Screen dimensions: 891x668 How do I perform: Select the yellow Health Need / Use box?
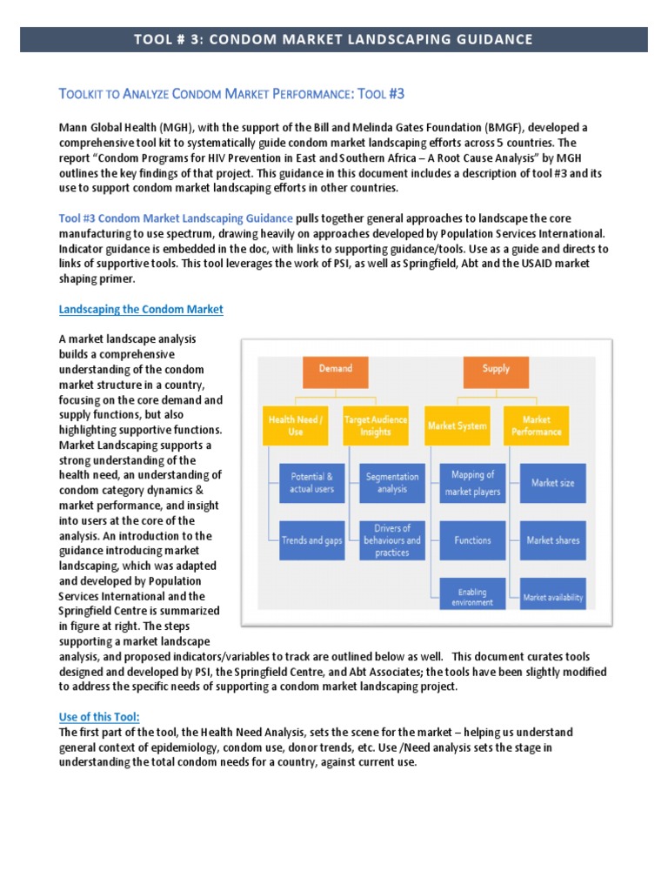(296, 426)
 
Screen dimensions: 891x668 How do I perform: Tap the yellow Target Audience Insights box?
(376, 426)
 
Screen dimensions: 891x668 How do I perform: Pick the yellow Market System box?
(458, 426)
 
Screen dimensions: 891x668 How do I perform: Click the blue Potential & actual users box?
(312, 483)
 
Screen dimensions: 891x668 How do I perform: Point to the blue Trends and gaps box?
(312, 539)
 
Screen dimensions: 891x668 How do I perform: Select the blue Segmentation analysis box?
(392, 483)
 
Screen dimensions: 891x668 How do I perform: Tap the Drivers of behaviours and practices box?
(392, 539)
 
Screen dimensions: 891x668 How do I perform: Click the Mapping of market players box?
(472, 483)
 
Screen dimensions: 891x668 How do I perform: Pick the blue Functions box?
(472, 539)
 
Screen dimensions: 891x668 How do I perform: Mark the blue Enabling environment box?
(472, 596)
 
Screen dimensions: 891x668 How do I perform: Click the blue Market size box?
(552, 483)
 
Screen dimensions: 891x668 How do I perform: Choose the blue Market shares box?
(552, 539)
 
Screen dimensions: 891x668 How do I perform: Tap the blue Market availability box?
(552, 597)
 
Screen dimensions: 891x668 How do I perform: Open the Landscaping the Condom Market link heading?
(141, 310)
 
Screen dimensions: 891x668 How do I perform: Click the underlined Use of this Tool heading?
(98, 717)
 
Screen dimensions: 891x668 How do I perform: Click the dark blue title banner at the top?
(334, 39)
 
